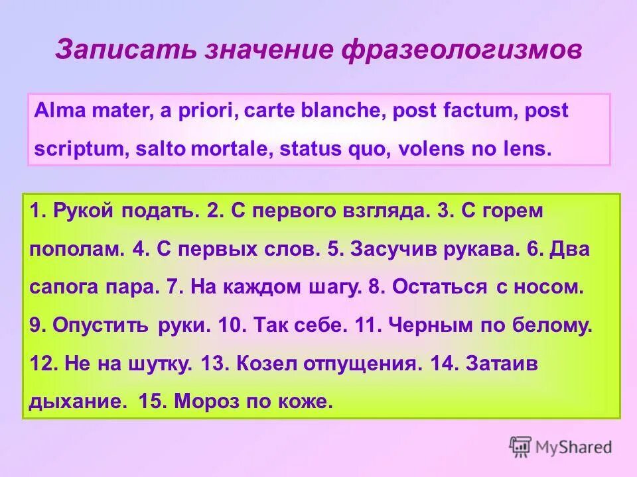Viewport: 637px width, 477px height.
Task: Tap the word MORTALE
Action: pos(230,148)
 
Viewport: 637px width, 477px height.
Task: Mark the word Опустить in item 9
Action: pos(102,325)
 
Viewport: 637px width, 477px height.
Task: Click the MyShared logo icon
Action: pos(520,447)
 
